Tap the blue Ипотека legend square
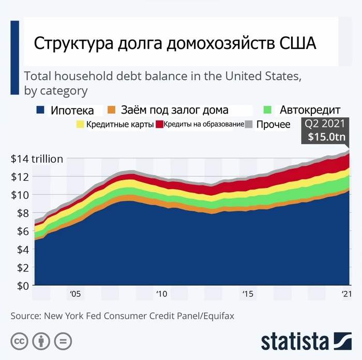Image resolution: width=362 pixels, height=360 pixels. tap(39, 110)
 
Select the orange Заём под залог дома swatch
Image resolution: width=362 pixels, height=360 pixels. tap(111, 110)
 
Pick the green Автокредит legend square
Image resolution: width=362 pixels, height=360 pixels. tap(267, 110)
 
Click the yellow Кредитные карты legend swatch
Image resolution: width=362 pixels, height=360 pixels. tap(80, 124)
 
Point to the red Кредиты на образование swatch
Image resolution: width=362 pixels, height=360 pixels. tap(159, 124)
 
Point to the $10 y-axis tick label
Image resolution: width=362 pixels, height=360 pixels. tap(21, 195)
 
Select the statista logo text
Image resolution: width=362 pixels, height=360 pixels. tap(295, 341)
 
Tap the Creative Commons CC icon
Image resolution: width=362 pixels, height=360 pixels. tap(20, 341)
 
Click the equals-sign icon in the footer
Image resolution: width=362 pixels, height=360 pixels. tap(62, 341)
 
